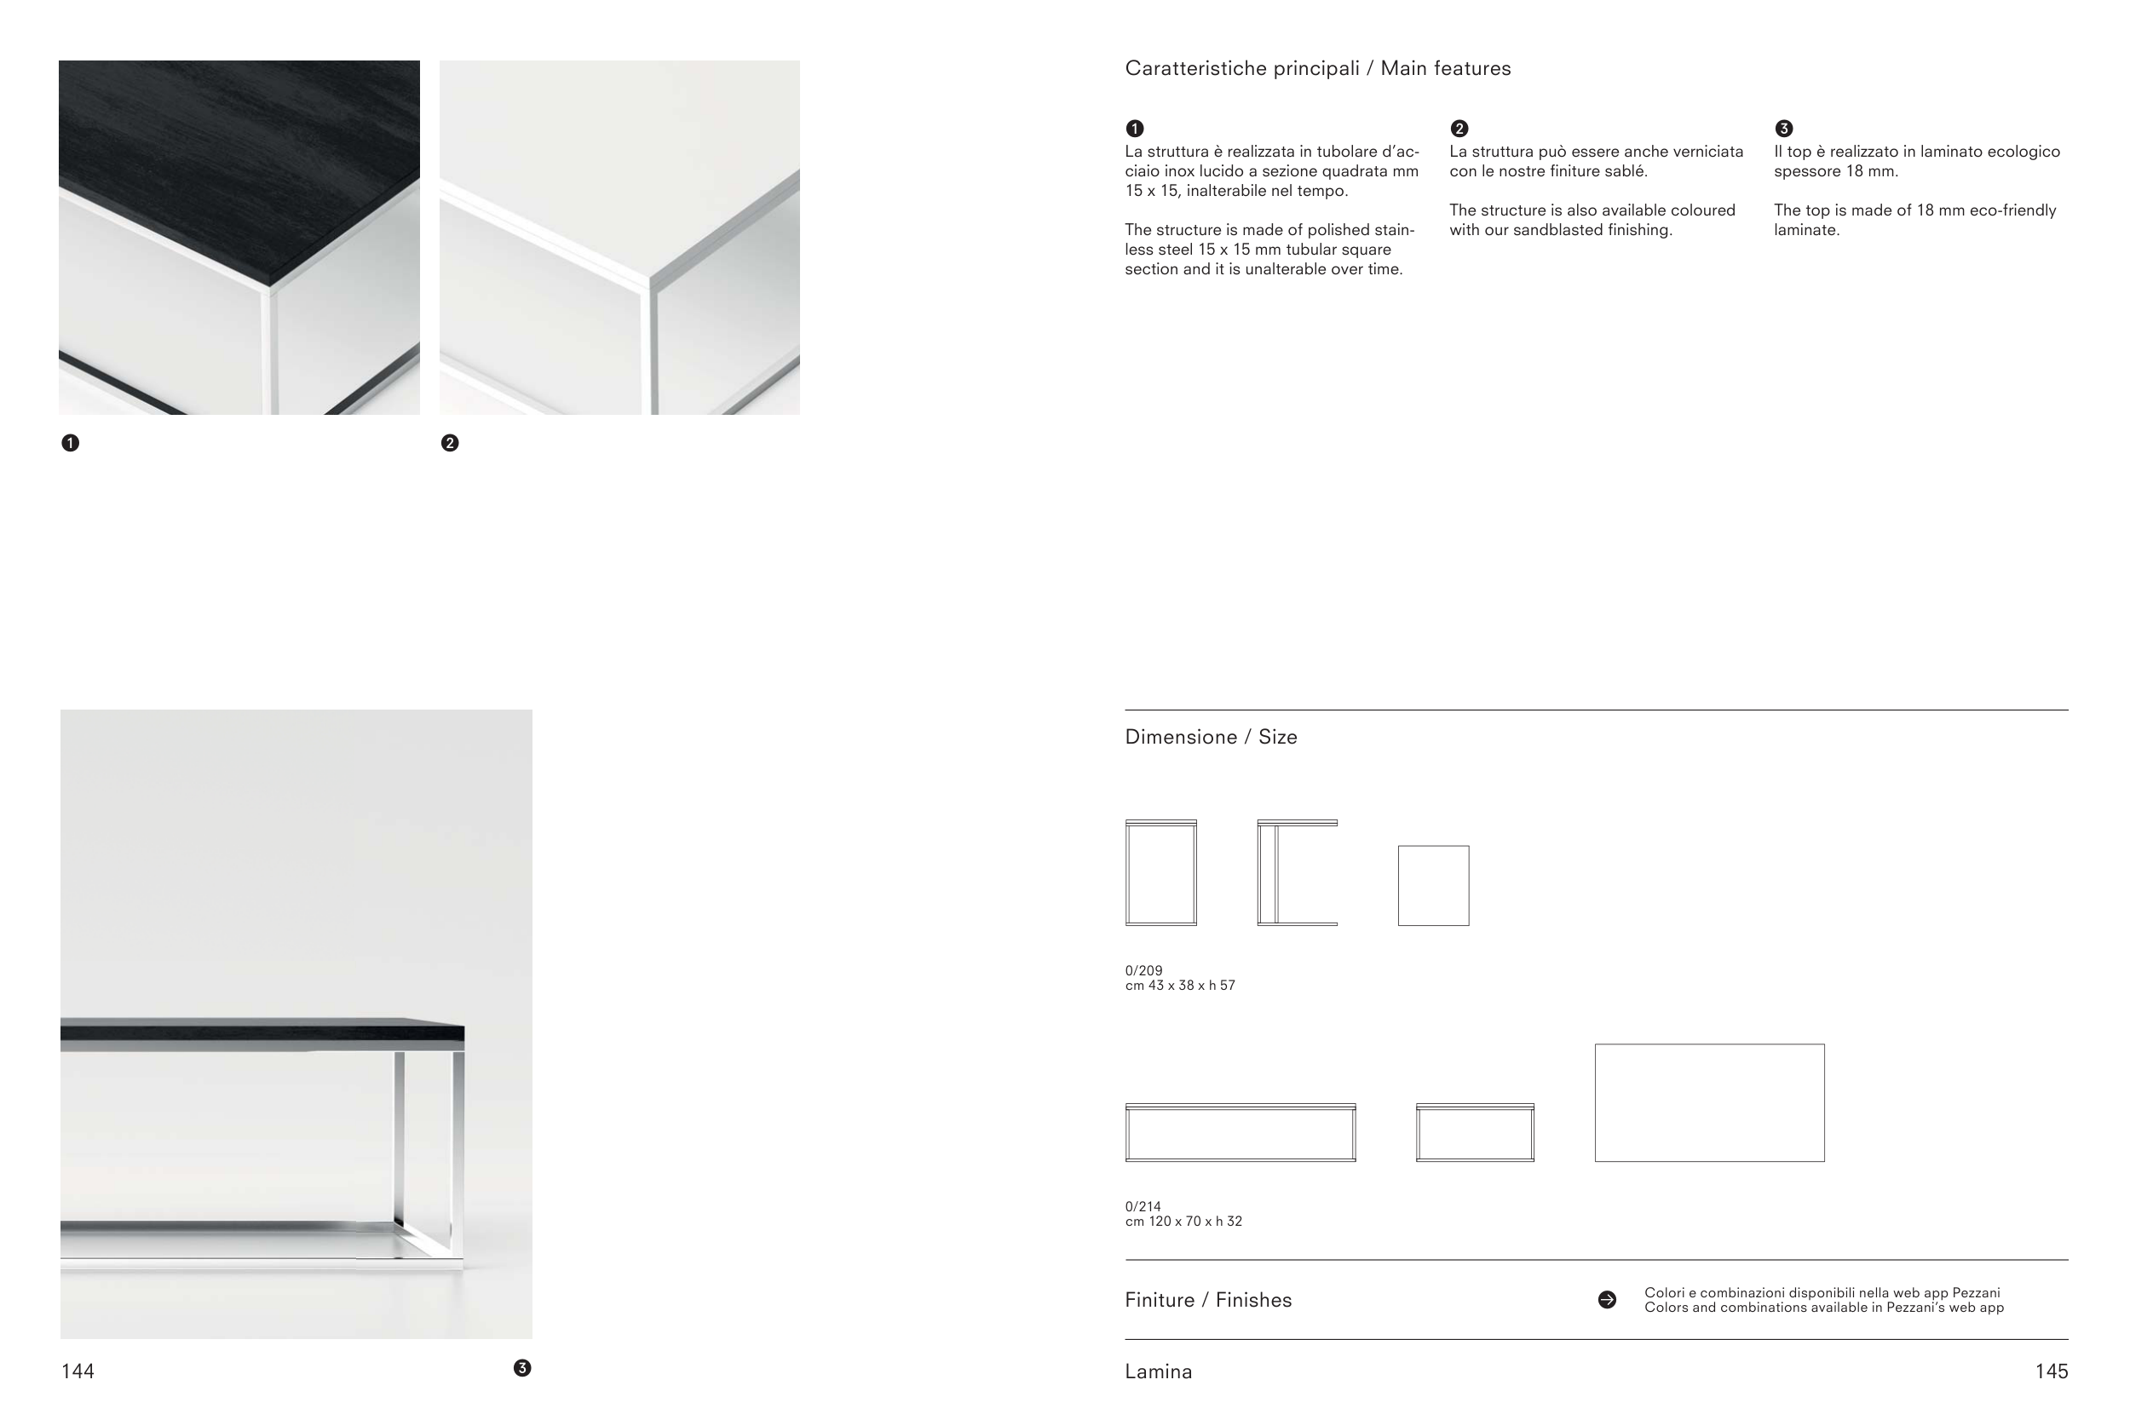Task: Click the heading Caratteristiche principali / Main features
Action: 1318,69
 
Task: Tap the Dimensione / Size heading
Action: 1211,737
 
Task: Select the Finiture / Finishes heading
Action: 1208,1301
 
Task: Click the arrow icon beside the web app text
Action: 1608,1301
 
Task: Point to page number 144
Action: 78,1371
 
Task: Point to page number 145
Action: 2052,1371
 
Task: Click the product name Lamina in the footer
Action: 1158,1372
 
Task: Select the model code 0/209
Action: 1143,971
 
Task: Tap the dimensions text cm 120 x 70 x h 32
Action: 1183,1222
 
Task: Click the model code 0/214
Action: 1143,1207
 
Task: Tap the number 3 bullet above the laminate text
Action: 1784,129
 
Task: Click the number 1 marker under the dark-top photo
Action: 70,443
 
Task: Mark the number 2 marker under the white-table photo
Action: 449,443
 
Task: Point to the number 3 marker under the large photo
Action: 522,1367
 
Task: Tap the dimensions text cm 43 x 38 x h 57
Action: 1180,986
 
